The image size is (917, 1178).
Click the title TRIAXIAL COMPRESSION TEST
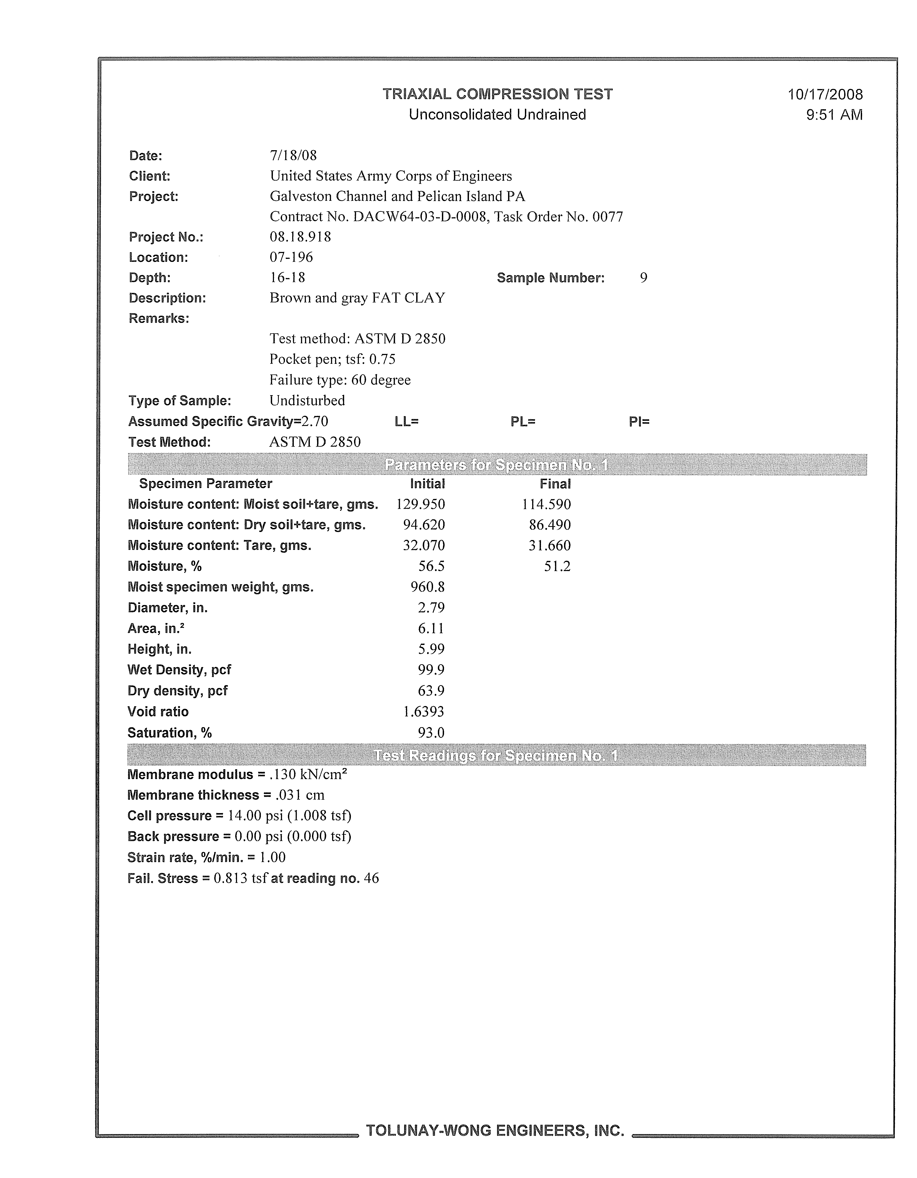point(497,95)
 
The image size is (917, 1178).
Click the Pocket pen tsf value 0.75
point(382,359)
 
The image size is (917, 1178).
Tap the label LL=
point(407,422)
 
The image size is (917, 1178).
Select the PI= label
point(639,422)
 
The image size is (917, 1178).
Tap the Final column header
point(555,484)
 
